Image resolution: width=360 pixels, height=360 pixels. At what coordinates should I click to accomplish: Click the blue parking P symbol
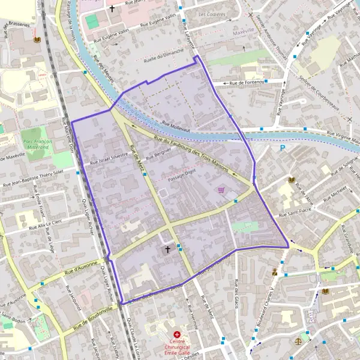coord(283,148)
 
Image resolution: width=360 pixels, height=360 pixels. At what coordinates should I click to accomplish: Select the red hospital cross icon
coord(177,334)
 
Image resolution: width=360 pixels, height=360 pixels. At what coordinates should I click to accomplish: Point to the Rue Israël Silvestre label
coord(109,158)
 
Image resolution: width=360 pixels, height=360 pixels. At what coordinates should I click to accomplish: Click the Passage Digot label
coord(182,175)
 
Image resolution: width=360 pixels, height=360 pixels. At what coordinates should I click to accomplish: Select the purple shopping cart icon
coord(221,190)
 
